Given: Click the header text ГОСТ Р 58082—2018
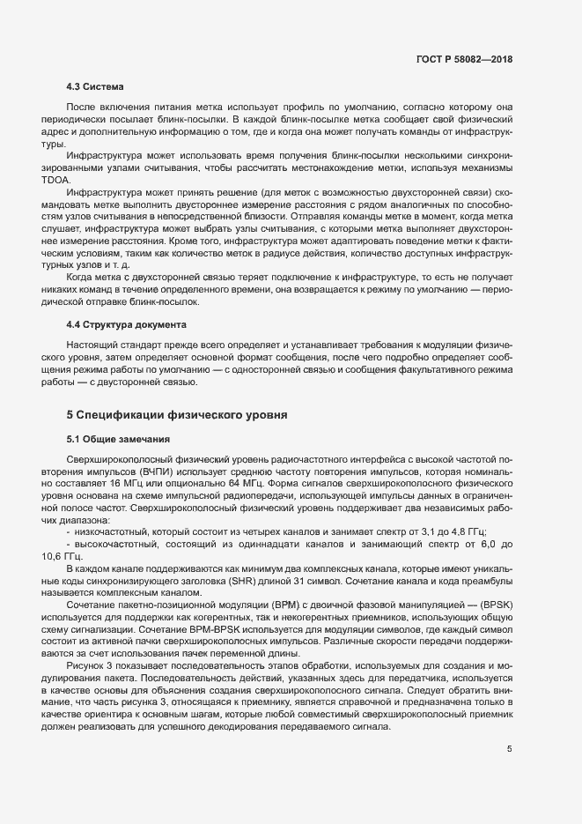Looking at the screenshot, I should [464, 59].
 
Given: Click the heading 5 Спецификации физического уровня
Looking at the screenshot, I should [177, 414].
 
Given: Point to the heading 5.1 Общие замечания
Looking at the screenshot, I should [117, 438].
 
